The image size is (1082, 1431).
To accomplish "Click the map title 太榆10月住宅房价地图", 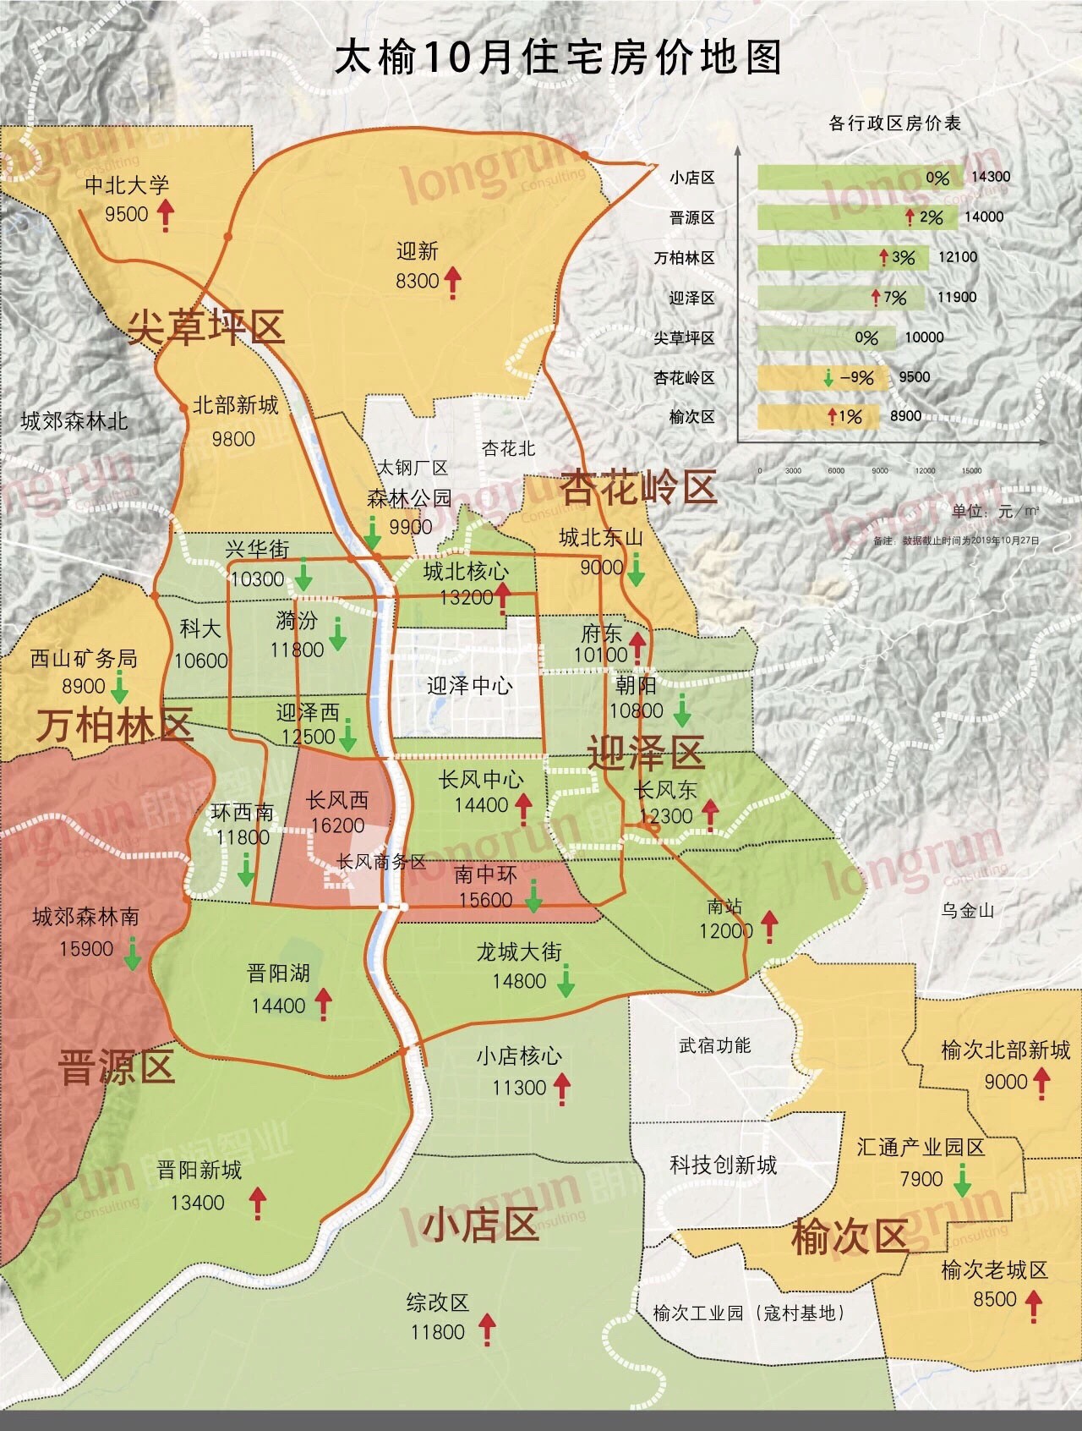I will click(x=558, y=58).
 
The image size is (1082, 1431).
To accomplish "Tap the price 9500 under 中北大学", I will click(x=126, y=214).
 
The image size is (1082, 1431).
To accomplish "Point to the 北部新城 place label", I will click(x=235, y=405).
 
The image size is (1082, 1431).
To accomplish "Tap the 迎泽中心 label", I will click(x=469, y=686).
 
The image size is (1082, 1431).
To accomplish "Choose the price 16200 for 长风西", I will click(x=336, y=825).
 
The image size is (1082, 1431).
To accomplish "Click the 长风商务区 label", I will click(x=381, y=862).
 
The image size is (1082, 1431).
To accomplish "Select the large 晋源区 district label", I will click(x=117, y=1066).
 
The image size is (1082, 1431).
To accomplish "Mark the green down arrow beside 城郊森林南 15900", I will click(x=133, y=954).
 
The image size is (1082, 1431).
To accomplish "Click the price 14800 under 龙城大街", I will click(x=519, y=981).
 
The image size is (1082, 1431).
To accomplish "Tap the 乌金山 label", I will click(x=968, y=911).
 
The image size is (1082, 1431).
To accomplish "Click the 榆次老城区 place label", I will click(x=994, y=1270).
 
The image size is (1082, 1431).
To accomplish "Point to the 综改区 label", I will click(x=437, y=1303).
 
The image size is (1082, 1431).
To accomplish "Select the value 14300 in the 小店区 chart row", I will click(x=991, y=177).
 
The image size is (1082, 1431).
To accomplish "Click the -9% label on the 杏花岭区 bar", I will click(x=855, y=377).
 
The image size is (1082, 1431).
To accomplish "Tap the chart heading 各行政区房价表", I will click(x=894, y=123).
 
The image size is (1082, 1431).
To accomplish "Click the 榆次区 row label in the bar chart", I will click(x=691, y=417).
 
